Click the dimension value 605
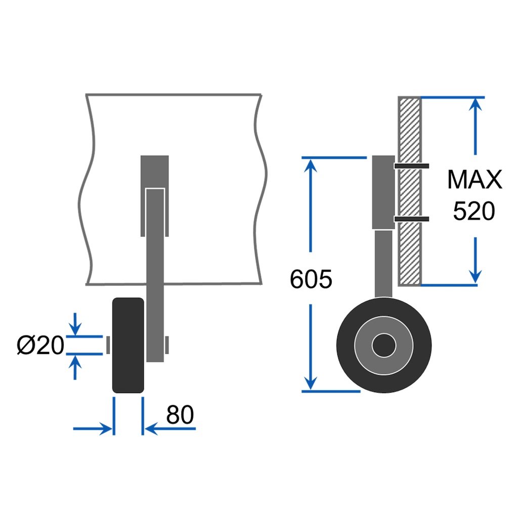click(x=311, y=279)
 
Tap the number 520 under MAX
click(x=473, y=211)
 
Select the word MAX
click(x=474, y=180)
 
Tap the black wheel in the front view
click(x=128, y=345)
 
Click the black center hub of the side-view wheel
click(x=383, y=346)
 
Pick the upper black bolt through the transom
click(x=411, y=165)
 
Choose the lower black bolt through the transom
click(x=411, y=219)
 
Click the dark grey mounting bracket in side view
click(x=383, y=192)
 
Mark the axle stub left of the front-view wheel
click(x=108, y=345)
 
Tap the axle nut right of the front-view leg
click(x=167, y=345)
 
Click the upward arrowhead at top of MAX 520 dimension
click(x=474, y=104)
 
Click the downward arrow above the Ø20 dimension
click(x=75, y=328)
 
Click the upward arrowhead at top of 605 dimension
click(x=311, y=165)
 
